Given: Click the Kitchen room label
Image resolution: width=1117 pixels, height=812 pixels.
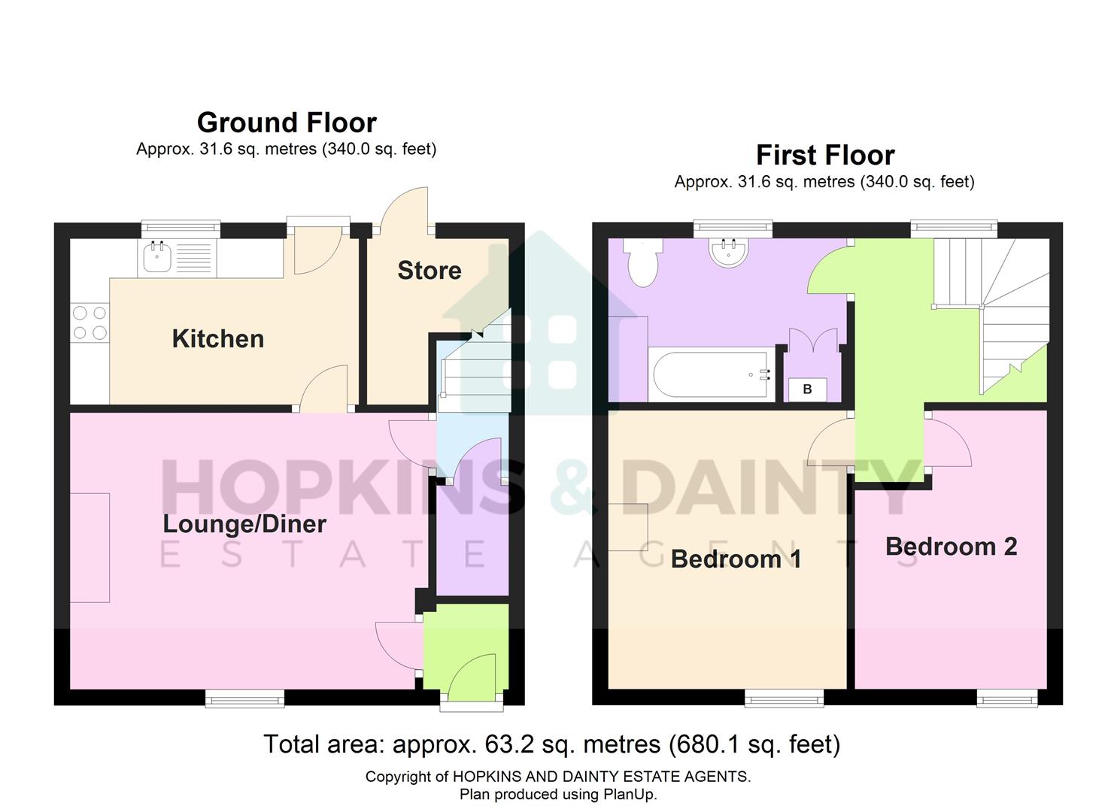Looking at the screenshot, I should [x=217, y=339].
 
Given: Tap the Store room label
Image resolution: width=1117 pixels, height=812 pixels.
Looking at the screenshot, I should [x=429, y=271].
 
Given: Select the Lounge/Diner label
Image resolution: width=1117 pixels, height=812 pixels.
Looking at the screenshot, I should [x=244, y=524].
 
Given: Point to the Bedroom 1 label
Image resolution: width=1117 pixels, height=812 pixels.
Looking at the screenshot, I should [x=735, y=559].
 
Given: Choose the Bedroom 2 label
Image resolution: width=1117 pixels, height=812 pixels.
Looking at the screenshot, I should [x=951, y=547].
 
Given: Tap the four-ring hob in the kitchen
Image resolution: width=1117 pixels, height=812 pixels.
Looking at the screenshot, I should [x=90, y=323].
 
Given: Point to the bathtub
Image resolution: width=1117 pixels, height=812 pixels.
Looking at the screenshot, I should [x=712, y=374].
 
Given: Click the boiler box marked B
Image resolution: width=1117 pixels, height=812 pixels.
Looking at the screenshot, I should [x=807, y=389].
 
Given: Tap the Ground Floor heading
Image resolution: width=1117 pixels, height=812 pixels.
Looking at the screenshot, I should [x=287, y=123].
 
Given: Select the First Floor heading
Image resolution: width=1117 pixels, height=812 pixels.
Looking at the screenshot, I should [x=825, y=155].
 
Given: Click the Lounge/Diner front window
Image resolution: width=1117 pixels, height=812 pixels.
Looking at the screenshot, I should [x=245, y=698].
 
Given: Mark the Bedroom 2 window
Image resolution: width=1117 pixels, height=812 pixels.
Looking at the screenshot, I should [x=1007, y=698].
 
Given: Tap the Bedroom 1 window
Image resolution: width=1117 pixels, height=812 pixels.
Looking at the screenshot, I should [x=784, y=698].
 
